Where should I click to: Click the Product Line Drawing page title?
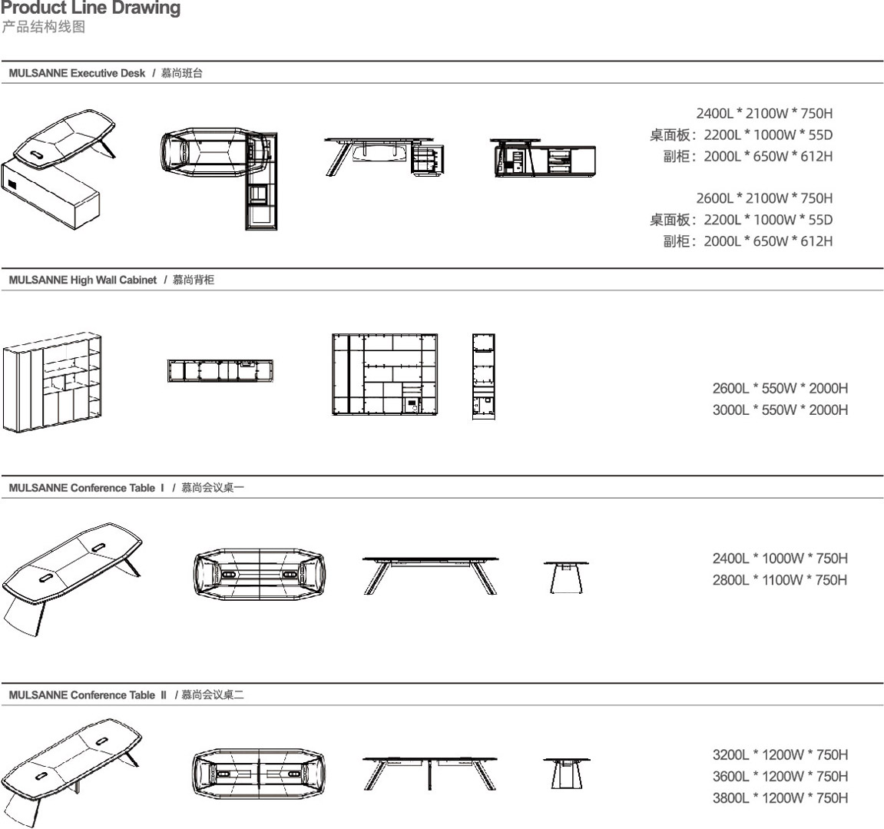pyautogui.click(x=91, y=9)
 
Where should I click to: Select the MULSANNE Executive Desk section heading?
pyautogui.click(x=77, y=74)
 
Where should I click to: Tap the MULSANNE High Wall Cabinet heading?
pyautogui.click(x=83, y=280)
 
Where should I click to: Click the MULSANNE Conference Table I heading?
pyautogui.click(x=87, y=488)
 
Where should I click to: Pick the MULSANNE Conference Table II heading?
pyautogui.click(x=88, y=695)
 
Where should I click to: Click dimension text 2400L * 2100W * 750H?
pyautogui.click(x=763, y=114)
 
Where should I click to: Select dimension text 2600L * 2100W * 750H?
pyautogui.click(x=763, y=198)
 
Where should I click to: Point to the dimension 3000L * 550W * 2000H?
pyautogui.click(x=780, y=410)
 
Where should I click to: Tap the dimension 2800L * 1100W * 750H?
pyautogui.click(x=780, y=580)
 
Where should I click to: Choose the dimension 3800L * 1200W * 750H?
pyautogui.click(x=780, y=798)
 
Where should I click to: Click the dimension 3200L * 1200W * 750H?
pyautogui.click(x=780, y=755)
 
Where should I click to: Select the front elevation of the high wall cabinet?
pyautogui.click(x=385, y=375)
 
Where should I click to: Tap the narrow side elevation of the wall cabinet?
pyautogui.click(x=483, y=376)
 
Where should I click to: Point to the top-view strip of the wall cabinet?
pyautogui.click(x=220, y=371)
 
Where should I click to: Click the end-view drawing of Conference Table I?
pyautogui.click(x=566, y=577)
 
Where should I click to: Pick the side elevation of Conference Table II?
pyautogui.click(x=429, y=773)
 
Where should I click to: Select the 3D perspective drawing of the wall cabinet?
pyautogui.click(x=52, y=382)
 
